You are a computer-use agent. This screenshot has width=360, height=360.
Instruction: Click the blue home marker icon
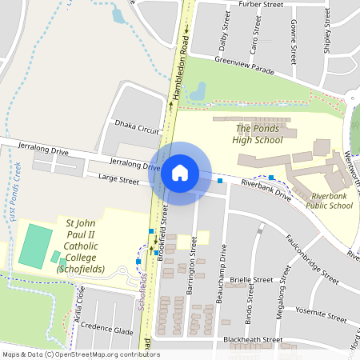180,173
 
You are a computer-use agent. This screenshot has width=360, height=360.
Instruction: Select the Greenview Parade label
245,65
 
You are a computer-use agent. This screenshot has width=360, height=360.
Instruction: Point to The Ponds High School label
258,134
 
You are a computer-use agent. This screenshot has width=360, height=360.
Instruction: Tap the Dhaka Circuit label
137,128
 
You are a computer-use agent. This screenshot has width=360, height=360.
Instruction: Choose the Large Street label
118,181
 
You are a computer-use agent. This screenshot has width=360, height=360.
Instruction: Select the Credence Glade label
110,330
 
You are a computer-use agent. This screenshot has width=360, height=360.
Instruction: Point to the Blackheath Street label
254,339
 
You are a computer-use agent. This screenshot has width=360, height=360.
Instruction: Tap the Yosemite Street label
320,310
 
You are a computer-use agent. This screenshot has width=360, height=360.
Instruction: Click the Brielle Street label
253,280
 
